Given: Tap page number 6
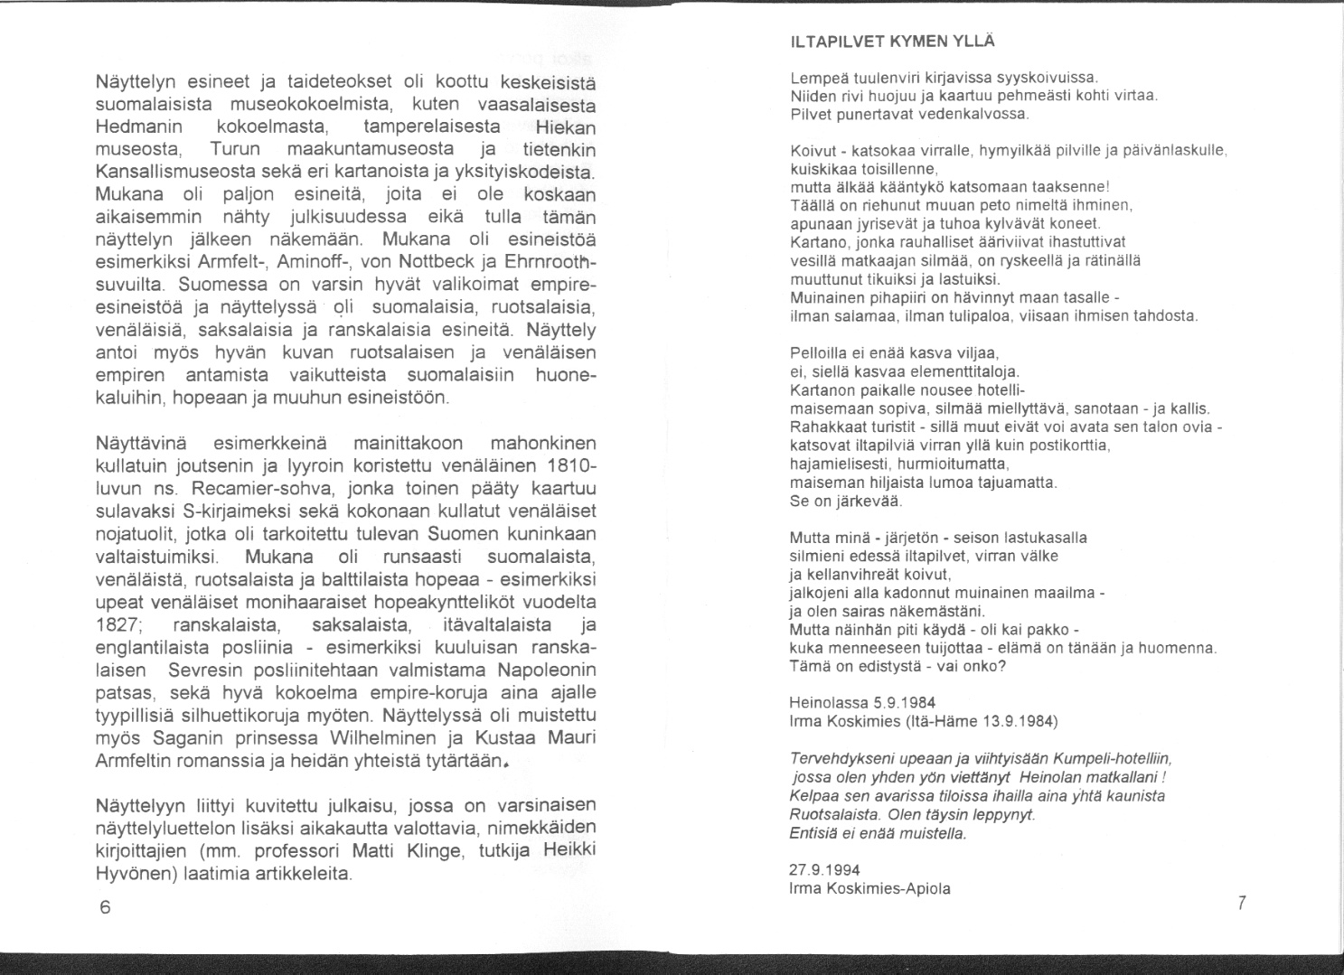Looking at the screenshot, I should pos(105,908).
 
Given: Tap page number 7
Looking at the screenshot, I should pos(1242,902).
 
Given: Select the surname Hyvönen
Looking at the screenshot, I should pos(134,875).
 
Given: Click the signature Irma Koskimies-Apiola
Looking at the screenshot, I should pos(869,888).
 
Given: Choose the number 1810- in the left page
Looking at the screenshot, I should pos(571,466).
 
